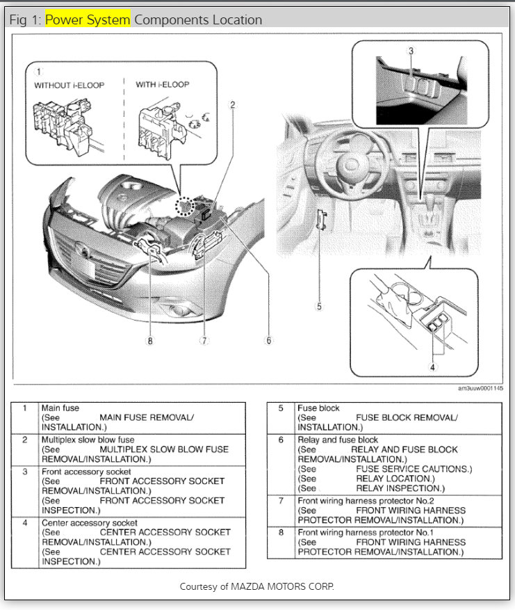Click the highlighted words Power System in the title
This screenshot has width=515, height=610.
[x=88, y=19]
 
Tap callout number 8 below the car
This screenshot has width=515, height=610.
[x=149, y=341]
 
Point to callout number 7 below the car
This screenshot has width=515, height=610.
[x=204, y=341]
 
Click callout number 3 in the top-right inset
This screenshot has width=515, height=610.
[x=411, y=51]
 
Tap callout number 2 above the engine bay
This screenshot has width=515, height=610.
[x=233, y=105]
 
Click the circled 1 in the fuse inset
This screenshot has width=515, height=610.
[x=39, y=71]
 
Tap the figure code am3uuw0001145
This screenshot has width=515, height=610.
[x=480, y=388]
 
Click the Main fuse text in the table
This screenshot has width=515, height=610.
[x=60, y=408]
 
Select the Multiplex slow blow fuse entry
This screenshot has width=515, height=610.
[x=88, y=440]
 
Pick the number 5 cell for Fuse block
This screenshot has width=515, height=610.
[x=281, y=408]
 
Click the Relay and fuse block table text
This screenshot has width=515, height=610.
[x=338, y=440]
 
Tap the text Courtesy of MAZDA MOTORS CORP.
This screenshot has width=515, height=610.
[x=256, y=586]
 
